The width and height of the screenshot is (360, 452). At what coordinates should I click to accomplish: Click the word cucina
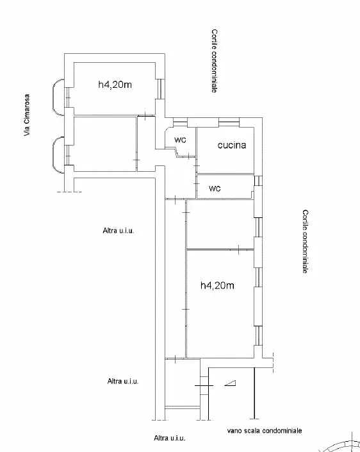pyautogui.click(x=232, y=146)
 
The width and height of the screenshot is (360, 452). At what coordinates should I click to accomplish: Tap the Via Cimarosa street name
pyautogui.click(x=27, y=115)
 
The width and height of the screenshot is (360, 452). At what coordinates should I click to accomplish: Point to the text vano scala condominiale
pyautogui.click(x=263, y=431)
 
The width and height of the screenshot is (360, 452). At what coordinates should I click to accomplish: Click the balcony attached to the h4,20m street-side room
pyautogui.click(x=58, y=95)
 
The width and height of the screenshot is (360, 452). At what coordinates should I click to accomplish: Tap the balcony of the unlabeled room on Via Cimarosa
pyautogui.click(x=58, y=154)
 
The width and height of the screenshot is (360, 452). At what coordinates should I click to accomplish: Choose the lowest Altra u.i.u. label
pyautogui.click(x=170, y=439)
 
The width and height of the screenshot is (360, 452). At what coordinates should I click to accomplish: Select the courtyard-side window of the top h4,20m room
pyautogui.click(x=161, y=88)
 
